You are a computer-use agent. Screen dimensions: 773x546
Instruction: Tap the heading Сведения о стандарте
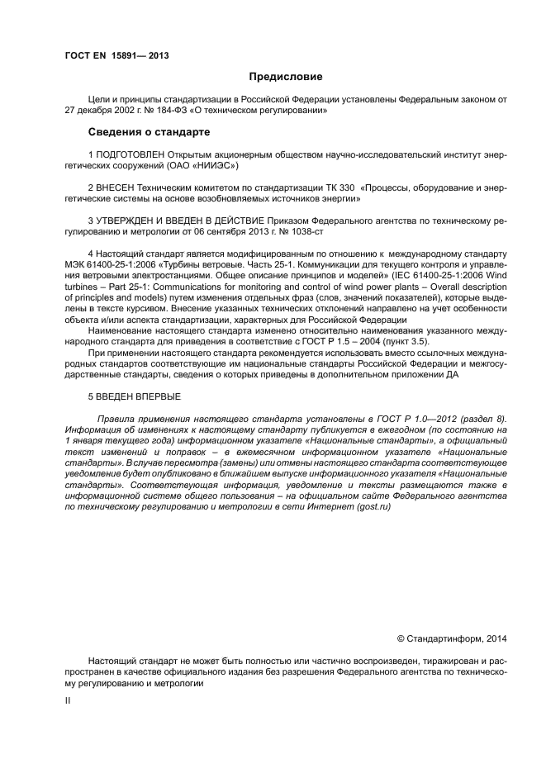tap(149, 131)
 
